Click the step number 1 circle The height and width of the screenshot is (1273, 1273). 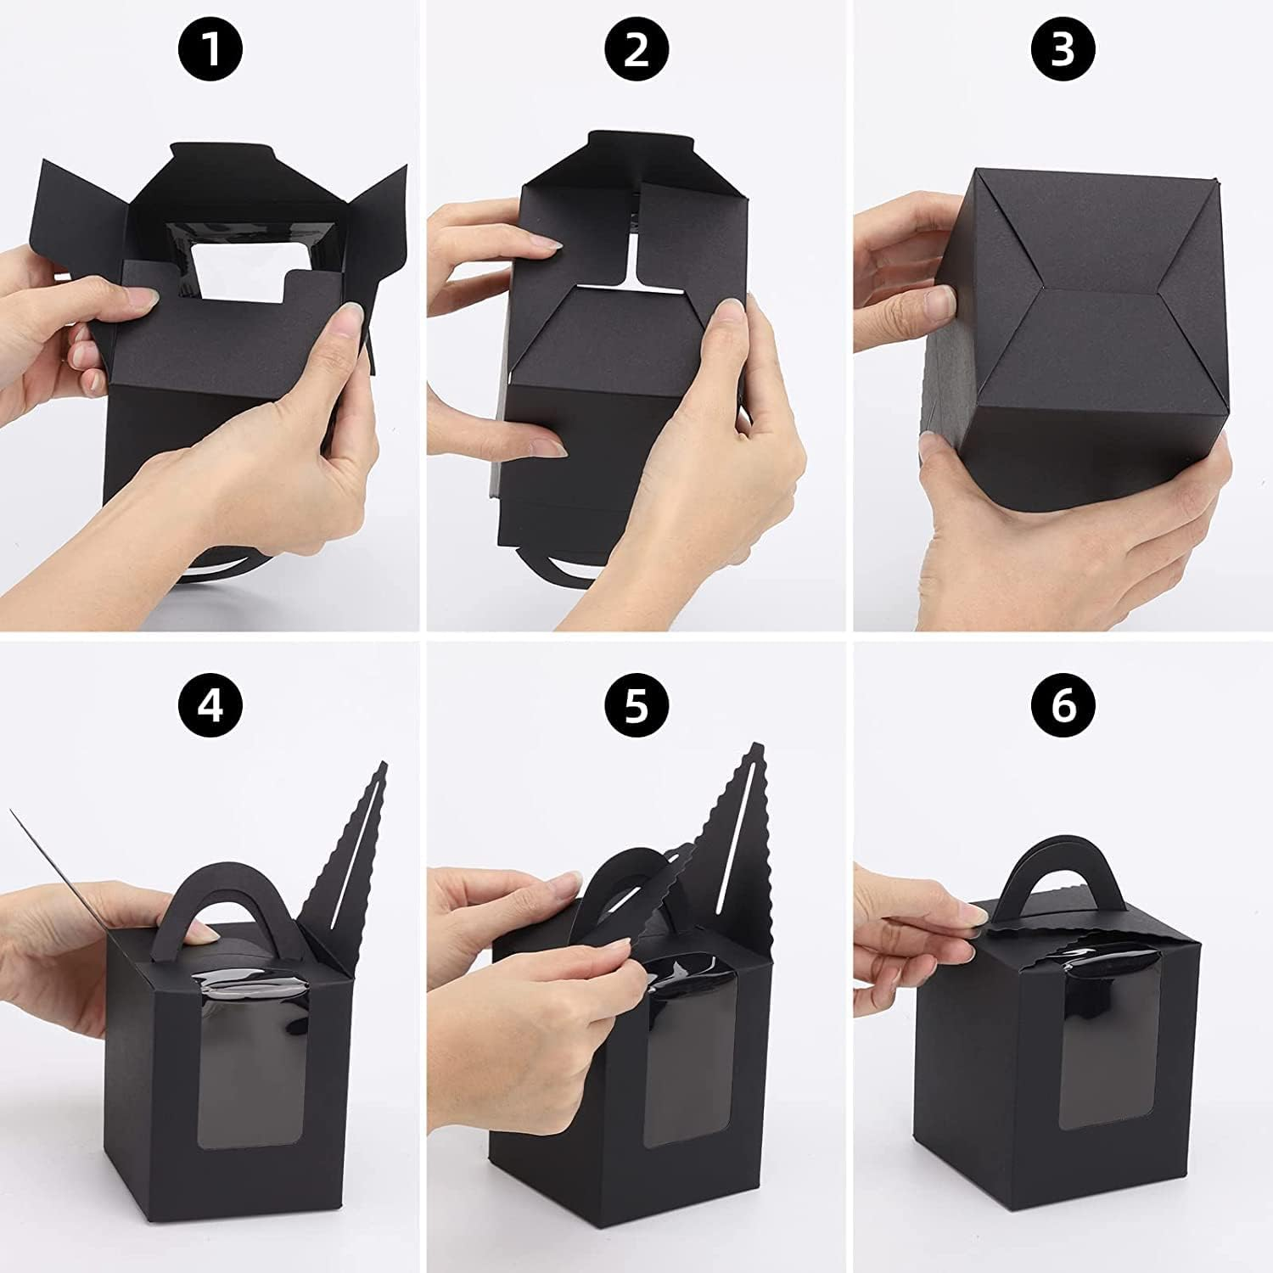[x=210, y=48]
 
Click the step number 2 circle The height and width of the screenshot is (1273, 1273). [x=636, y=48]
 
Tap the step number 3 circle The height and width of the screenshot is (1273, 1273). [x=1063, y=48]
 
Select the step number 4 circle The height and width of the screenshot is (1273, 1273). [x=210, y=704]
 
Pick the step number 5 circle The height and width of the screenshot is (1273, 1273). [x=636, y=704]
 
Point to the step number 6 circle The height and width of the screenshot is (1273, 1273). [x=1063, y=704]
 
